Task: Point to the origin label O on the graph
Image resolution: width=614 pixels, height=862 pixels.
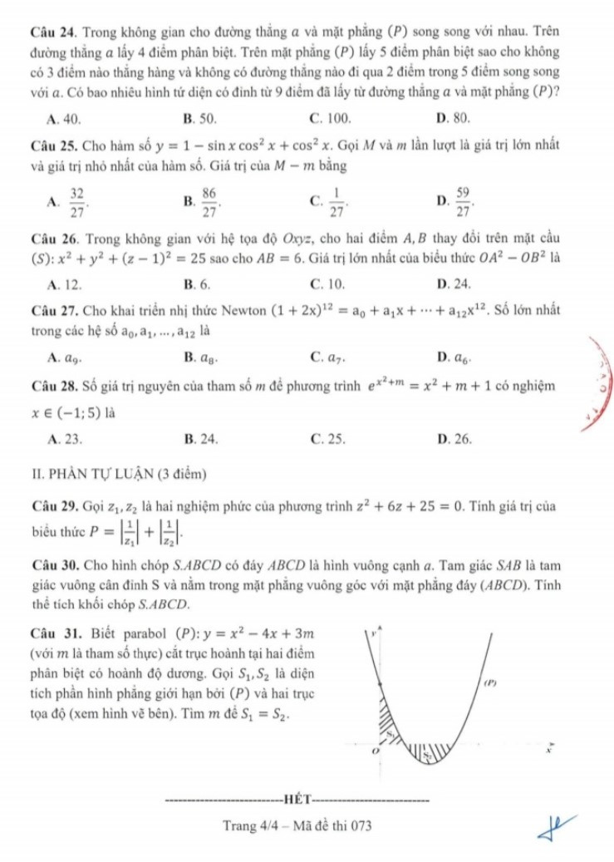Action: (374, 749)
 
